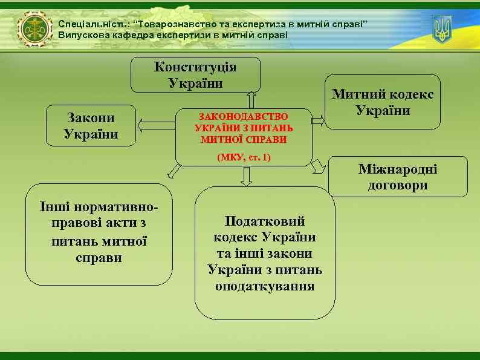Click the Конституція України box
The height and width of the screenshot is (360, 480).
196,74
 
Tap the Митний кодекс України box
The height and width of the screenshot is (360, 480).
383,102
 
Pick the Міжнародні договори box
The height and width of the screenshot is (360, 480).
398,177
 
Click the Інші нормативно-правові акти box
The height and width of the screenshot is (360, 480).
99,234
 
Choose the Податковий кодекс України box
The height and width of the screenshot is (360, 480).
265,253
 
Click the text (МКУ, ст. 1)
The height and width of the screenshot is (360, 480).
244,157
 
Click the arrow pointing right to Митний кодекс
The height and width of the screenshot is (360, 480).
318,119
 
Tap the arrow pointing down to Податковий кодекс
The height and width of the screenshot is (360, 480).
245,176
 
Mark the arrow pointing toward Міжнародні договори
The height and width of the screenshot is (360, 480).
319,166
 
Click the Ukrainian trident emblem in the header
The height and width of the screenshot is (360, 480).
443,29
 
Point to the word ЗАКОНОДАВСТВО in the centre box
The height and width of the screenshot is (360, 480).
244,116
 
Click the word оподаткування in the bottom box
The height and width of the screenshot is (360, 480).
265,286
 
